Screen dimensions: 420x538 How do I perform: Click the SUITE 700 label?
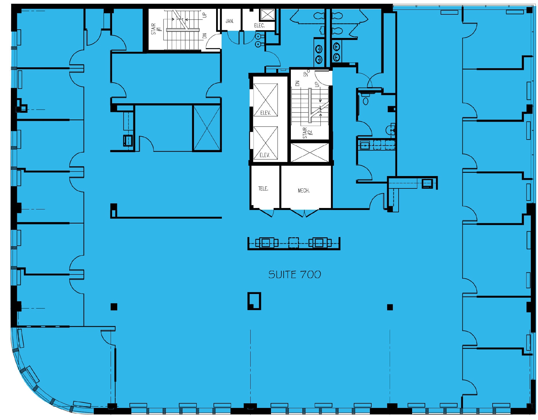click(x=295, y=274)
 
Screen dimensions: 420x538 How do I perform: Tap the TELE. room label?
click(x=263, y=189)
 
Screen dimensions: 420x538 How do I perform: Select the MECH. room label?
click(x=303, y=190)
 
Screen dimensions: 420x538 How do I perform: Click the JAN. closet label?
click(x=230, y=21)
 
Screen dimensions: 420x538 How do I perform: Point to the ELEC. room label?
click(x=259, y=26)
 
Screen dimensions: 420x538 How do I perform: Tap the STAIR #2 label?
click(x=307, y=133)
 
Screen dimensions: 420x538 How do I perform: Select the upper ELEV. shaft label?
click(x=265, y=113)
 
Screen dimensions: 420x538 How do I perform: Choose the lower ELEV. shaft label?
click(x=265, y=155)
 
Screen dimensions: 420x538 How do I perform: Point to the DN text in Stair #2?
click(x=297, y=83)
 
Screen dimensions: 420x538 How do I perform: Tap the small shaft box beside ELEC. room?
click(x=267, y=14)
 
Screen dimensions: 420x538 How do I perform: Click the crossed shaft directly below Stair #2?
click(x=310, y=152)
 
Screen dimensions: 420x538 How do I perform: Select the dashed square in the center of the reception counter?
click(x=293, y=243)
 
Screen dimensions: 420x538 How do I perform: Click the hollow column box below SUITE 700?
click(x=254, y=301)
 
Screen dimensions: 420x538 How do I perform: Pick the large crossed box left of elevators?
click(x=207, y=128)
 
